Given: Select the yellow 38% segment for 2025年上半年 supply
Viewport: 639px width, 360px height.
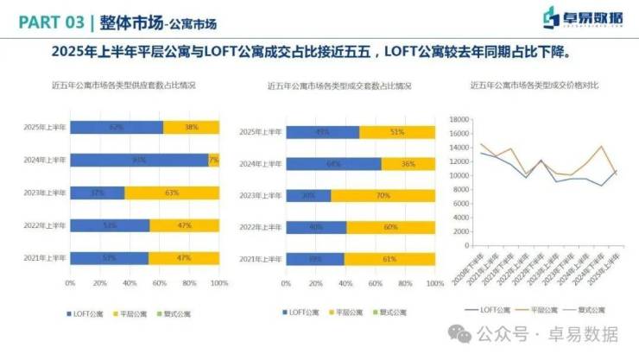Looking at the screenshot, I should click(190, 127).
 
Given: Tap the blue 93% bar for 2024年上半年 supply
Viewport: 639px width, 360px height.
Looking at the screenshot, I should click(138, 160).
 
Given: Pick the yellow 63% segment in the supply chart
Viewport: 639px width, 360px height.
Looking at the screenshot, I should click(171, 193).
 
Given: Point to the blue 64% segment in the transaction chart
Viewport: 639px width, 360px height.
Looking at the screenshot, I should click(333, 163).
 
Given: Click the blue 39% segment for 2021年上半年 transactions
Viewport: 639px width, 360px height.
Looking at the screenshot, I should click(315, 259).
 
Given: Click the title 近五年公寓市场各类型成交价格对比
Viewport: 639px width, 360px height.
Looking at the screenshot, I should click(535, 85).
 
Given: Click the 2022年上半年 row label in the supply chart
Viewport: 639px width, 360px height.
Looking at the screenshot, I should click(45, 225).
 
